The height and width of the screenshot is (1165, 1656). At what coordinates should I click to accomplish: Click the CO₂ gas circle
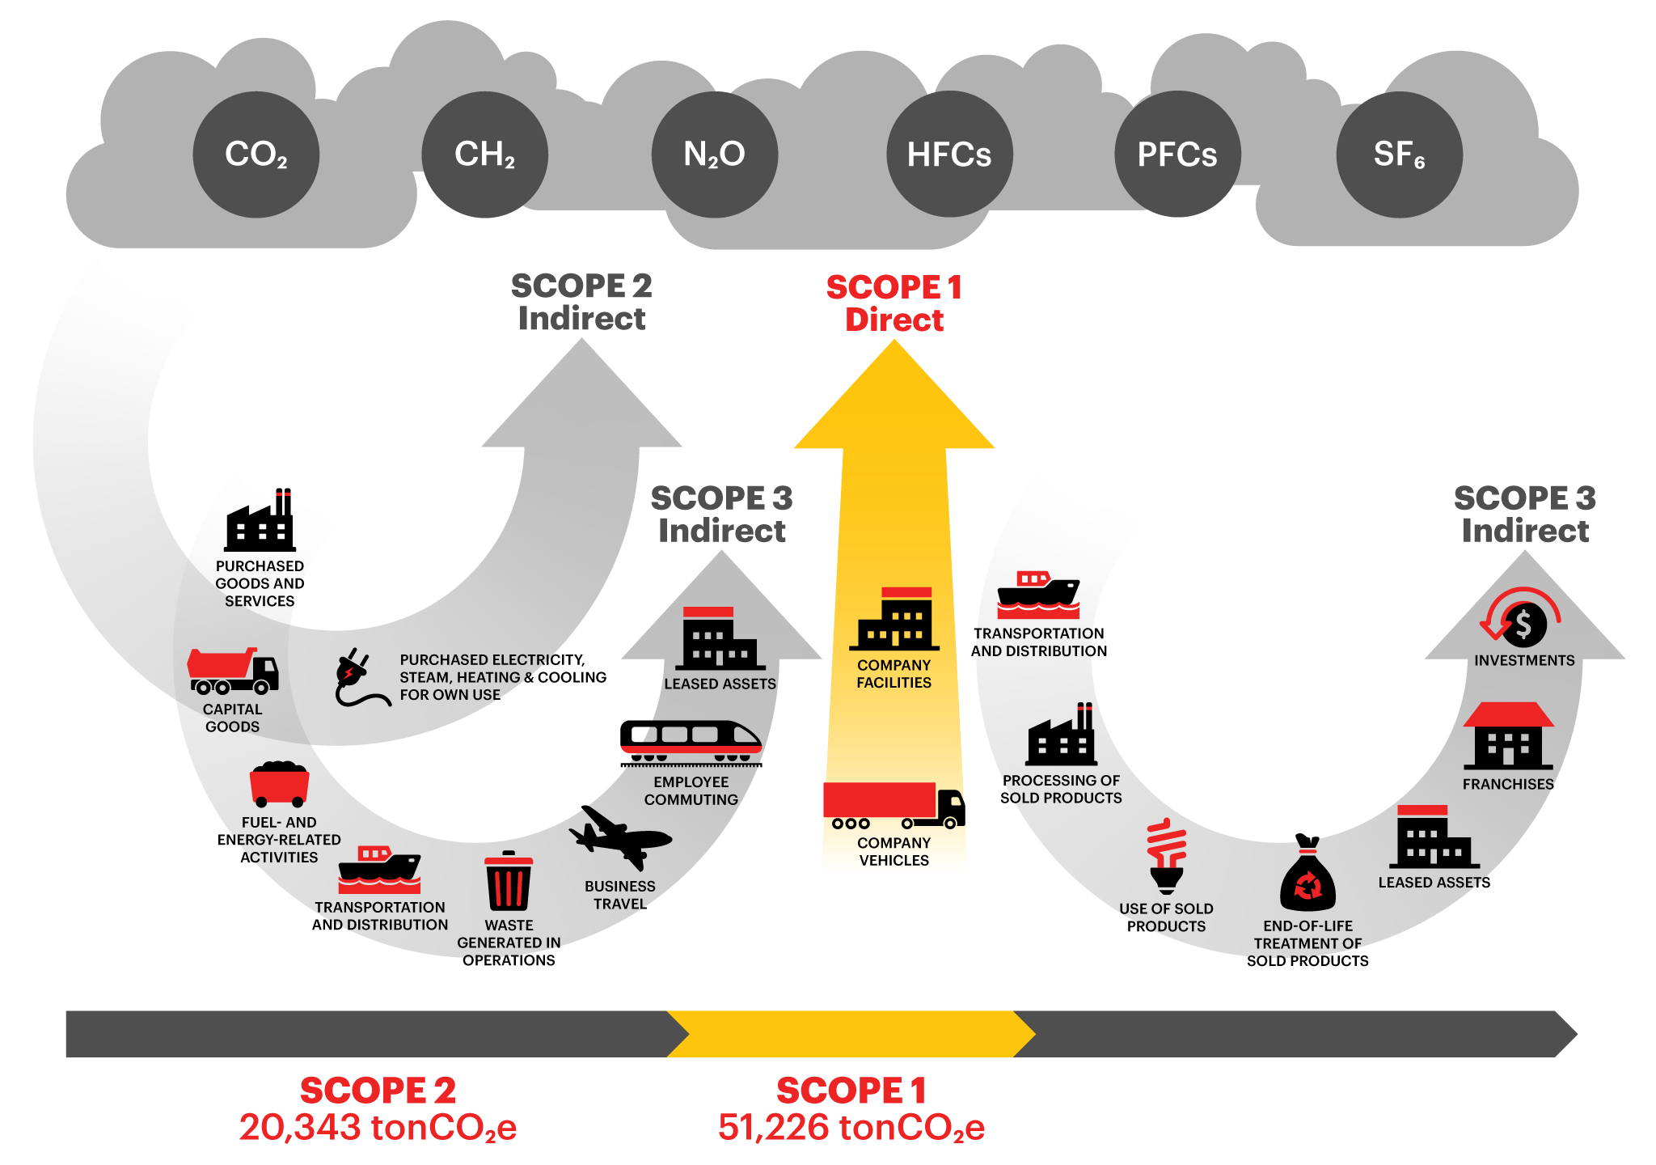(256, 155)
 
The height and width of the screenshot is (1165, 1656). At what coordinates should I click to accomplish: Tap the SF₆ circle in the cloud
(1399, 155)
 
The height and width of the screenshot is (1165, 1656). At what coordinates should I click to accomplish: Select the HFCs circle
(949, 155)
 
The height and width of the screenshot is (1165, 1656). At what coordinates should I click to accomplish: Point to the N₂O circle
(715, 155)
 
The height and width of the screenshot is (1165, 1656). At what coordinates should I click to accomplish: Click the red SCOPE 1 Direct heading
(894, 303)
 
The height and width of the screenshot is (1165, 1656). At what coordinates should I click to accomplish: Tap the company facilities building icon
(894, 620)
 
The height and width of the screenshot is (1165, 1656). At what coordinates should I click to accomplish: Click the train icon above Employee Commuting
(691, 741)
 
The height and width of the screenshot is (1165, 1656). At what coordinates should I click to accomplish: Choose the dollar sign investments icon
(1523, 623)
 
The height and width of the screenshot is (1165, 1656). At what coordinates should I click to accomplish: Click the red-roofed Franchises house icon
(1508, 736)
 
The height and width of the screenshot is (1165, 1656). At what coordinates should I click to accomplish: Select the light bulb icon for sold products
(1166, 856)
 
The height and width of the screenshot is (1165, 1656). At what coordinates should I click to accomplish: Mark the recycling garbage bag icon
(1307, 879)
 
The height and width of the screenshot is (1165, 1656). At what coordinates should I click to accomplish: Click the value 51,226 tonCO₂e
(851, 1127)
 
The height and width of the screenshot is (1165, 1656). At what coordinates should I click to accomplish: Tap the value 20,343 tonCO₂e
(378, 1127)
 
